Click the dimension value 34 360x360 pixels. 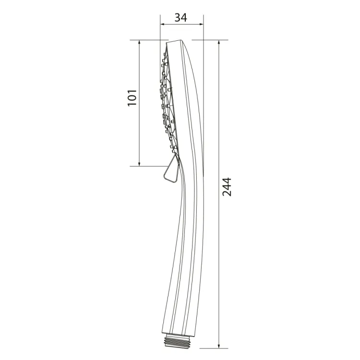point(181,17)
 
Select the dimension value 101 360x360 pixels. point(132,98)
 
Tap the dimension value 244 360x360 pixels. point(227,187)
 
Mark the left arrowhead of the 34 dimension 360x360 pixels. point(162,24)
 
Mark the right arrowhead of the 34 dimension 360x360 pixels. point(201,24)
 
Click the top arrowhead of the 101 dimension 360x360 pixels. point(139,42)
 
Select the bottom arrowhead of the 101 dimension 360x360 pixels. point(139,164)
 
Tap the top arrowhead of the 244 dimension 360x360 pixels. point(219,42)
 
